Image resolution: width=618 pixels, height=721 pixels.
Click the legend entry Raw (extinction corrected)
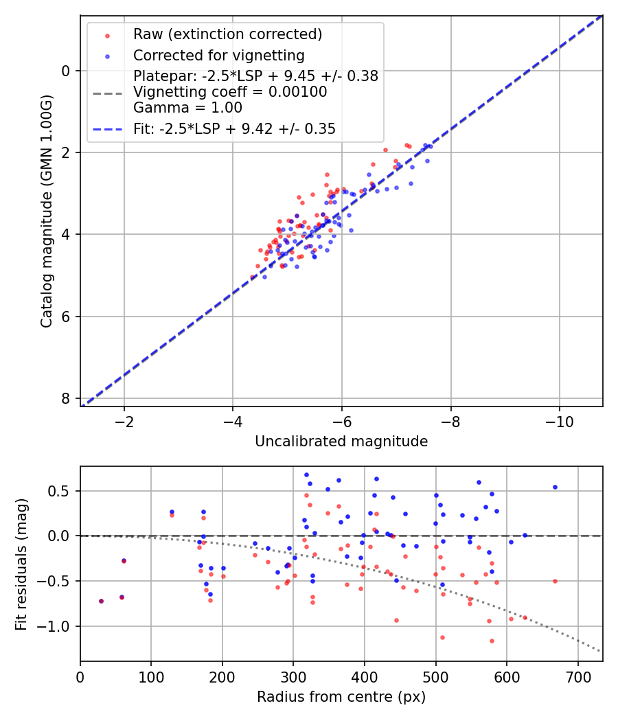[227, 34]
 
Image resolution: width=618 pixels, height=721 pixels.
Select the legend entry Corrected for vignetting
[218, 55]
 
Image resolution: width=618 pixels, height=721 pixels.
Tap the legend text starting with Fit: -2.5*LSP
[234, 128]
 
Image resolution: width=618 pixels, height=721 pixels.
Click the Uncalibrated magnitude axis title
[341, 442]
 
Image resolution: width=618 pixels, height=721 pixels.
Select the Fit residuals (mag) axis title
[21, 564]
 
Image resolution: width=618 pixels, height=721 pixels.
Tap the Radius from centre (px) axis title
[341, 697]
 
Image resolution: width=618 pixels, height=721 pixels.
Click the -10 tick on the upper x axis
[559, 420]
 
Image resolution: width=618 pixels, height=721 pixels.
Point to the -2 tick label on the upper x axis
[124, 420]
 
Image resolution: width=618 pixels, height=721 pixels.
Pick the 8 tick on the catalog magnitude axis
[66, 398]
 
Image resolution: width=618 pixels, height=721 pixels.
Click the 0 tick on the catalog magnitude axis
[66, 71]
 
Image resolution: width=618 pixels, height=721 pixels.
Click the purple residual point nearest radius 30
[101, 601]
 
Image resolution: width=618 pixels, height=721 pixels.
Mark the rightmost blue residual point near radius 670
[555, 487]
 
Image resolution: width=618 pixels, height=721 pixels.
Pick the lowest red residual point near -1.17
[492, 641]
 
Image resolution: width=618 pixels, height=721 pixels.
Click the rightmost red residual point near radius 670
[555, 581]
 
